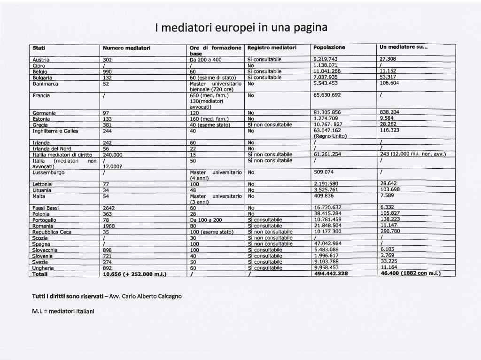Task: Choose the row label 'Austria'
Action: pyautogui.click(x=41, y=60)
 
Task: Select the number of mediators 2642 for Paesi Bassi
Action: pyautogui.click(x=109, y=208)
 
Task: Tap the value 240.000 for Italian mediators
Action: pyautogui.click(x=113, y=154)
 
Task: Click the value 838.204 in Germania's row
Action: pyautogui.click(x=389, y=113)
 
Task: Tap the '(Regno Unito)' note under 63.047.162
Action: pyautogui.click(x=330, y=136)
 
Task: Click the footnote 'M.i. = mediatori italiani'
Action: pyautogui.click(x=63, y=311)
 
